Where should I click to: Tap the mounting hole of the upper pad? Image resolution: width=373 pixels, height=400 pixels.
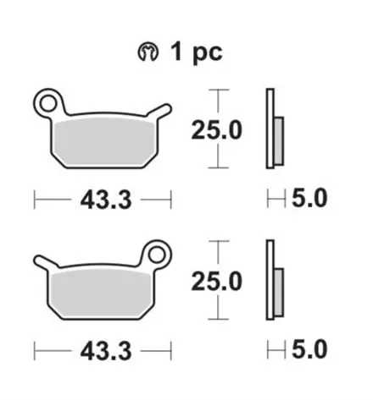pyautogui.click(x=51, y=104)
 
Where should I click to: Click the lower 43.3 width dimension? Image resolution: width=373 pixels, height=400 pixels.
pyautogui.click(x=103, y=350)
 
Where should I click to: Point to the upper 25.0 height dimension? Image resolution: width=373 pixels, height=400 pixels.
pyautogui.click(x=218, y=129)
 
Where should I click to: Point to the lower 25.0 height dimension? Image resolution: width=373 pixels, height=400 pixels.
pyautogui.click(x=218, y=281)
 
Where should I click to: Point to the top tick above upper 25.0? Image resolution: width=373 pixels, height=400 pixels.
pyautogui.click(x=219, y=89)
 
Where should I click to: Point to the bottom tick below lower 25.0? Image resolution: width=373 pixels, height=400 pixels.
pyautogui.click(x=219, y=320)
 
